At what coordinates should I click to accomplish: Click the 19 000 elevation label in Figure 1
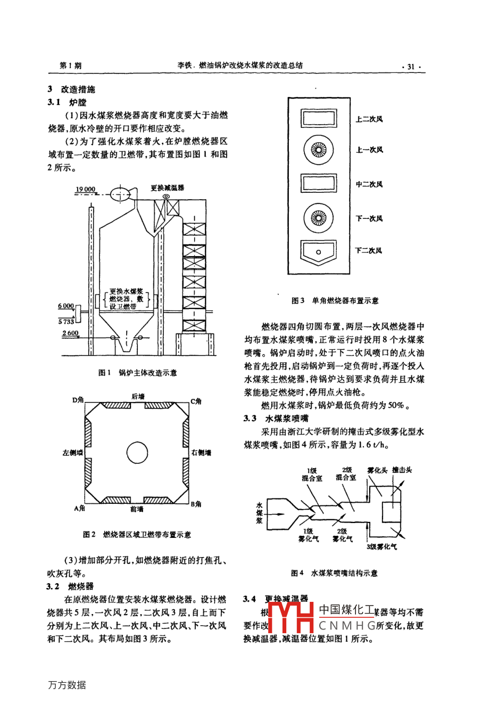point(85,189)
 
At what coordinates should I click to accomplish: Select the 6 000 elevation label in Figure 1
point(66,306)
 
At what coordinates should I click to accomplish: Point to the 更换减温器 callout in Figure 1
point(167,187)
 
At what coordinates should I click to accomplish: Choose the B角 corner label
point(196,503)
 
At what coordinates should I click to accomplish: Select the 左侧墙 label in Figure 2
point(72,453)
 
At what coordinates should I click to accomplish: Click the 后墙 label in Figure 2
point(137,396)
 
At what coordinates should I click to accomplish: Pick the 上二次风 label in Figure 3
point(369,119)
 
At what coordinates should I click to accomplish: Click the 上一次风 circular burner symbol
point(318,149)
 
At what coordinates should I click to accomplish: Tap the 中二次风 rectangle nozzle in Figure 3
point(318,184)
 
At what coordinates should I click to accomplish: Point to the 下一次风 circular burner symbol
point(318,217)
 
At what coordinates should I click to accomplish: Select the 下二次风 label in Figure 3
point(369,250)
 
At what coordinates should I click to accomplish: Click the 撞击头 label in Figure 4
point(402,470)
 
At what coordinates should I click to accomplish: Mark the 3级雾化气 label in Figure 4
point(382,546)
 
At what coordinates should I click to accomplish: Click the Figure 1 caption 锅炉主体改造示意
point(137,373)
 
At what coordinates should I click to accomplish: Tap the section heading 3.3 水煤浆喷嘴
point(277,418)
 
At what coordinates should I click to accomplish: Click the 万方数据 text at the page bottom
point(67,685)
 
